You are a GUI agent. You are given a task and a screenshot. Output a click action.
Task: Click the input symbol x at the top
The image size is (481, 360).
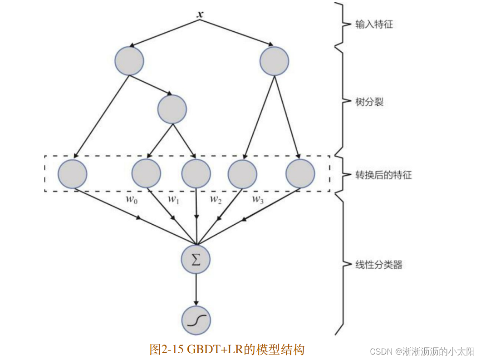(200, 14)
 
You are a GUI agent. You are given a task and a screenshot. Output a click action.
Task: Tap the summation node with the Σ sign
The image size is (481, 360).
(196, 260)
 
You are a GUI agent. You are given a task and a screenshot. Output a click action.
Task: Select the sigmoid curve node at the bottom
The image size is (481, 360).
(196, 321)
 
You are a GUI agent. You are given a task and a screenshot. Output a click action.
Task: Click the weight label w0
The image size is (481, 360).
(132, 199)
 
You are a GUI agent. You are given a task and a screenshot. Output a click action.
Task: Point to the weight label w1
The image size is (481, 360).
(173, 199)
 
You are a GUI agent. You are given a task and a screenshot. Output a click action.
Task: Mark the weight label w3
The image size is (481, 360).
(257, 199)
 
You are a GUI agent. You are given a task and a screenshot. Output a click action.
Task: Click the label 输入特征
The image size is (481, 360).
(374, 24)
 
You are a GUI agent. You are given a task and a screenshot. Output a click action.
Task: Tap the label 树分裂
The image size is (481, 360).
(369, 102)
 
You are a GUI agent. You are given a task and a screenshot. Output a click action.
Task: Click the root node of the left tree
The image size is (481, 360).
(129, 61)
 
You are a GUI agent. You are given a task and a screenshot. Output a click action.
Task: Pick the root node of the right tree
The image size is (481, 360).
(275, 61)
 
